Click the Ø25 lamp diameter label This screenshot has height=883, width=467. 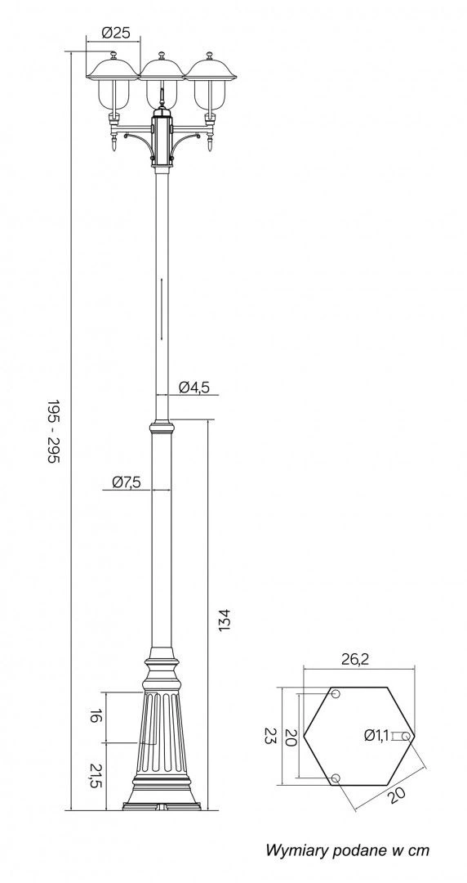point(115,33)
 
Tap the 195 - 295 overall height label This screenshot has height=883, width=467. point(53,432)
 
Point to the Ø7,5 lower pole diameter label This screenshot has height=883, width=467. point(126,482)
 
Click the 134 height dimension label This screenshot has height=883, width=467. point(225,620)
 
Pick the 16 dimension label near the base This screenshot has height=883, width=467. point(96,716)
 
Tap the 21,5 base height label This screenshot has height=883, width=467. point(96,776)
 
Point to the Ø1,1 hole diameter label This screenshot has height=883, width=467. point(376,735)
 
